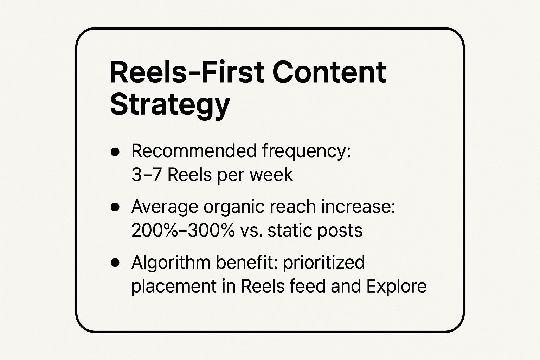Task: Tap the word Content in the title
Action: click(329, 72)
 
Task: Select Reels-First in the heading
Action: click(187, 72)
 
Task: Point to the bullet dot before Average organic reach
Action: click(115, 207)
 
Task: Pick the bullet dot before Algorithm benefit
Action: click(115, 263)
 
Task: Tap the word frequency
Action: click(306, 152)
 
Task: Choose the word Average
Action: click(165, 207)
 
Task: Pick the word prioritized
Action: click(323, 263)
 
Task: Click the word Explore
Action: click(396, 286)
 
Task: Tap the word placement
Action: click(174, 286)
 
